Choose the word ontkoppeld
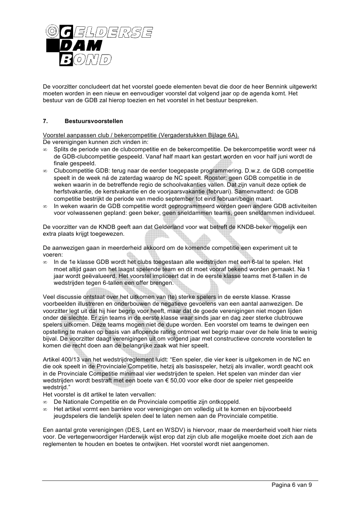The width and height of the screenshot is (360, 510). pos(224,402)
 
